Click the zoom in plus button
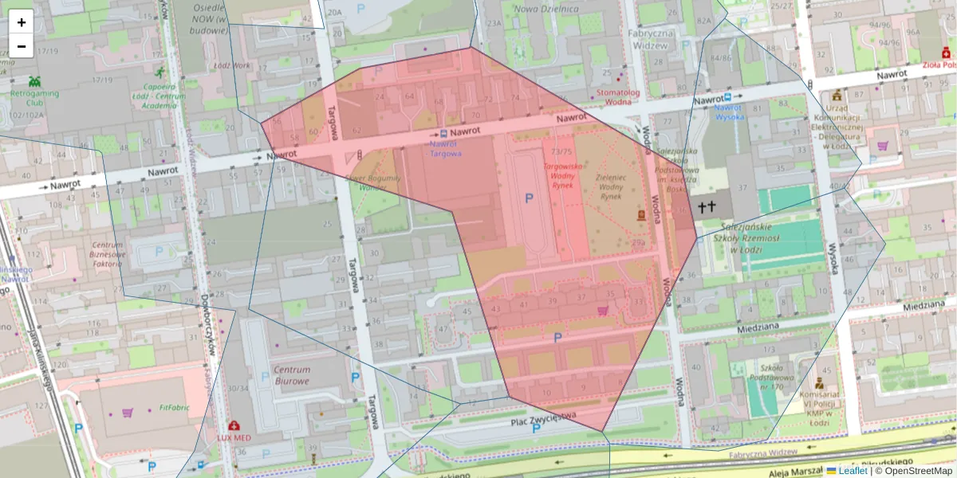click(22, 22)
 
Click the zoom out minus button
click(22, 46)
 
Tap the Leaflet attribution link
click(853, 471)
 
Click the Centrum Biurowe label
click(291, 375)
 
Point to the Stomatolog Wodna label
click(618, 96)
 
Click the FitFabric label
click(174, 407)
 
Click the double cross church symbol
click(704, 207)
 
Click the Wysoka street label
click(834, 259)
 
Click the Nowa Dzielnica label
click(546, 9)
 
